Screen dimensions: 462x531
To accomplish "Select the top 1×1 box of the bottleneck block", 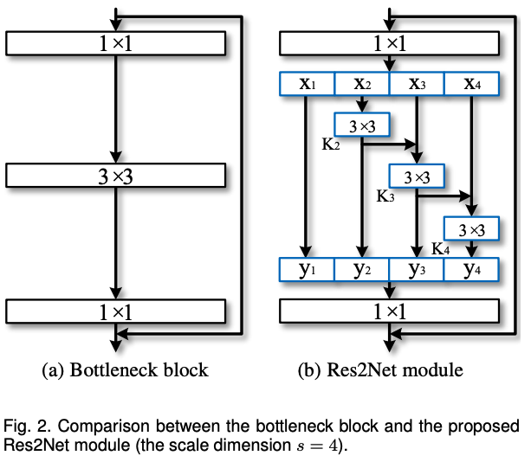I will coord(115,42).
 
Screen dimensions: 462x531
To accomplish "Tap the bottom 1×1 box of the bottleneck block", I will coord(115,311).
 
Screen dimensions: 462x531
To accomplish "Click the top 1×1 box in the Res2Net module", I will coord(389,42).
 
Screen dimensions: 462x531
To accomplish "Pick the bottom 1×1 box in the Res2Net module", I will coord(389,311).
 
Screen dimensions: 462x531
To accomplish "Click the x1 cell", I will coord(307,84).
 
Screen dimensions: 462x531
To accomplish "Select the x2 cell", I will coord(362,84).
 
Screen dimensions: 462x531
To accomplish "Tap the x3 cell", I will coord(417,84).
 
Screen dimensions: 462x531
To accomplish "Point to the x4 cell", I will coord(471,84).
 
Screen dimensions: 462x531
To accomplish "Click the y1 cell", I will coord(307,270).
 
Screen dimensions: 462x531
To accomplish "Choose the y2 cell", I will coord(362,270).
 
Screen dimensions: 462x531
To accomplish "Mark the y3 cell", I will coord(417,270).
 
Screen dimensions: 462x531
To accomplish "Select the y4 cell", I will coord(471,270).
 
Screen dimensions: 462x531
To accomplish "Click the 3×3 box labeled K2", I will coord(362,126).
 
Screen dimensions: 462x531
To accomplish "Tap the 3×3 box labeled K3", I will coord(417,176).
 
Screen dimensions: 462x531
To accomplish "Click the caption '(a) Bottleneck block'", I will coord(126,370).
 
